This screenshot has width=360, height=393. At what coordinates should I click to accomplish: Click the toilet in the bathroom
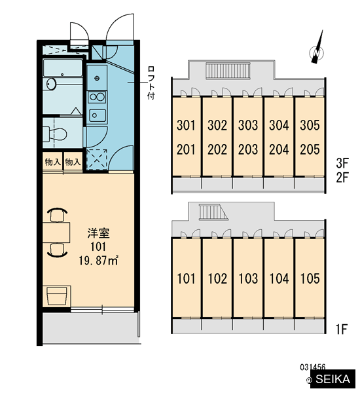(x=55, y=134)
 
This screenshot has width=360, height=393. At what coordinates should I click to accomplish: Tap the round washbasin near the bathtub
(x=52, y=84)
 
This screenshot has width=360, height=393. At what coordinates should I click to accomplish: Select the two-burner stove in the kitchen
(x=97, y=97)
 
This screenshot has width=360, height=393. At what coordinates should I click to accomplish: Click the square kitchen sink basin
(x=97, y=115)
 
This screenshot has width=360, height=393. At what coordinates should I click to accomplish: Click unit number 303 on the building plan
(x=248, y=125)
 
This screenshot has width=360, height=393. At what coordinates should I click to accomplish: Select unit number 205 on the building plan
(x=310, y=149)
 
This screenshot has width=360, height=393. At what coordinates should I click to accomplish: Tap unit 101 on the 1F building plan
(x=186, y=278)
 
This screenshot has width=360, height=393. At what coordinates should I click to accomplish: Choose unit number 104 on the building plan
(x=279, y=278)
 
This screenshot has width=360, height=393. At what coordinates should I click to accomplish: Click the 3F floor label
(x=342, y=163)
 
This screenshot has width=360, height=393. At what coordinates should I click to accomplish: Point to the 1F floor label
(x=342, y=329)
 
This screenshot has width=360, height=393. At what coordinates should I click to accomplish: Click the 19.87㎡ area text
(x=98, y=261)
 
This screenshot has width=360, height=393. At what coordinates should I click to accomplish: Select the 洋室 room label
(x=98, y=233)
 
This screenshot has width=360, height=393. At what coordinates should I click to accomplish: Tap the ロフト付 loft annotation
(x=151, y=83)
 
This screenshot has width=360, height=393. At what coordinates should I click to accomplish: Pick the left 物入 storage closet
(x=52, y=162)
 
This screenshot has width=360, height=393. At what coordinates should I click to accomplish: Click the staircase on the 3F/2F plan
(x=228, y=71)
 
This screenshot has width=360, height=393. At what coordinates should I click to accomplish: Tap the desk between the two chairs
(x=56, y=233)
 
